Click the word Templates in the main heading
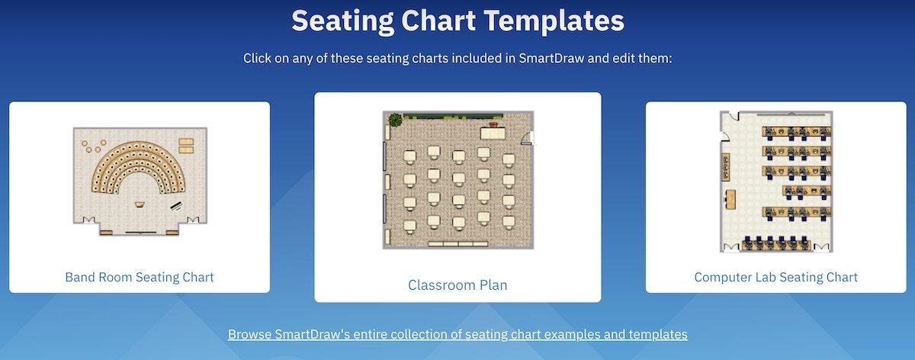pyautogui.click(x=554, y=21)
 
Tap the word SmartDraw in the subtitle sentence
pyautogui.click(x=551, y=58)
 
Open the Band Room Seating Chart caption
pyautogui.click(x=140, y=277)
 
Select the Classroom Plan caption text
pyautogui.click(x=457, y=284)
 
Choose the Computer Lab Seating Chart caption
pyautogui.click(x=775, y=277)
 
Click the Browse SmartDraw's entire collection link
pyautogui.click(x=457, y=334)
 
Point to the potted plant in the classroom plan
pyautogui.click(x=395, y=121)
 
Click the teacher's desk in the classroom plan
pyautogui.click(x=493, y=133)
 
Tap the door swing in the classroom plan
pyautogui.click(x=527, y=139)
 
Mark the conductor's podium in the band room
pyautogui.click(x=140, y=204)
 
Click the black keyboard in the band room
pyautogui.click(x=176, y=206)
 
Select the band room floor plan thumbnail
pyautogui.click(x=140, y=182)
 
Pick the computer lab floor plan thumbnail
pyautogui.click(x=776, y=182)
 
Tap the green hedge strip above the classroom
pyautogui.click(x=453, y=117)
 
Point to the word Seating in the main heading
pyautogui.click(x=342, y=21)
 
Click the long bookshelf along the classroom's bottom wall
pyautogui.click(x=458, y=244)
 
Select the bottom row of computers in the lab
pyautogui.click(x=776, y=243)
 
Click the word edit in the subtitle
pyautogui.click(x=624, y=58)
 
